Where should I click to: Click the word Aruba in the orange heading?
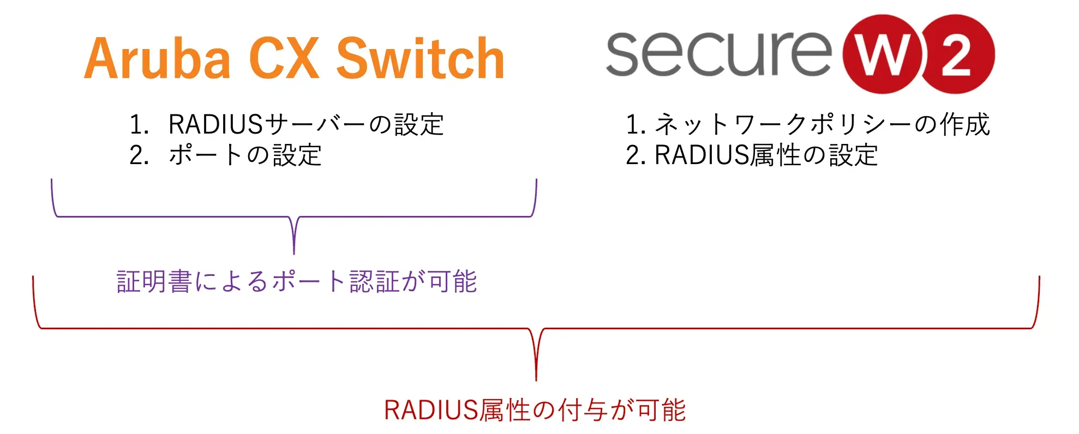(x=157, y=59)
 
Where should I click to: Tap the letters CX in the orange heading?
(x=284, y=59)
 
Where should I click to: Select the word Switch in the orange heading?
(x=420, y=59)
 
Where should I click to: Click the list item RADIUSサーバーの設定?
(x=305, y=124)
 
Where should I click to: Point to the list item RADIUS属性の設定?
(x=766, y=155)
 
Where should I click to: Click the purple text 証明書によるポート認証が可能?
(x=297, y=282)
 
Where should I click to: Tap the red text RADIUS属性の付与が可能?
(x=535, y=410)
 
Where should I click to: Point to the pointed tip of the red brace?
(x=536, y=378)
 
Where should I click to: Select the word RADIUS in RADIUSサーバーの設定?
(x=216, y=124)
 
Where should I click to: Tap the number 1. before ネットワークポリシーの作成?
(x=636, y=124)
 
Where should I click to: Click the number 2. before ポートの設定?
(x=139, y=155)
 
